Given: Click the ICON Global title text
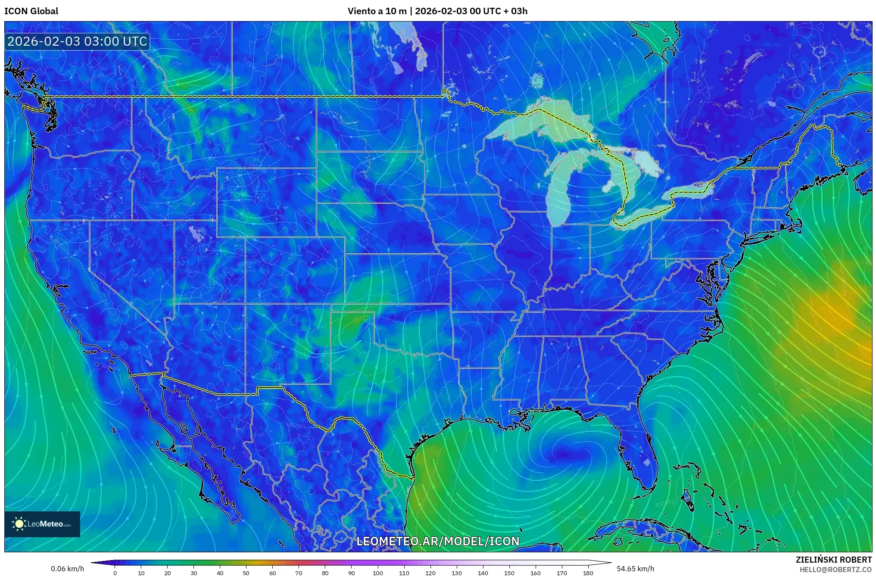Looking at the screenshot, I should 31,11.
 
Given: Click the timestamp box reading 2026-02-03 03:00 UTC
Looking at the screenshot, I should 77,41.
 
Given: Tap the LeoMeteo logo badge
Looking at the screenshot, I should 42,524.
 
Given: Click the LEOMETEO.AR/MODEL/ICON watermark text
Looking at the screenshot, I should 438,541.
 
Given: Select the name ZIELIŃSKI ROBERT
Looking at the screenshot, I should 833,560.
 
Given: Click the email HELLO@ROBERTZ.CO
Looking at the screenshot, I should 835,570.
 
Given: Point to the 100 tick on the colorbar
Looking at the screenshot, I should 378,573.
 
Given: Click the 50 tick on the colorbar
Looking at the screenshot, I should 246,573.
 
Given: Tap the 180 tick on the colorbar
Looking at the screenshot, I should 588,573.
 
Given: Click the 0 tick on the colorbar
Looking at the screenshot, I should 115,573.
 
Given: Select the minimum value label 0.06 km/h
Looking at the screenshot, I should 67,569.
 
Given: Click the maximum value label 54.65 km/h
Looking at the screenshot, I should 635,569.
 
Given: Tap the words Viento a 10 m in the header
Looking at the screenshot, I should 377,11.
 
